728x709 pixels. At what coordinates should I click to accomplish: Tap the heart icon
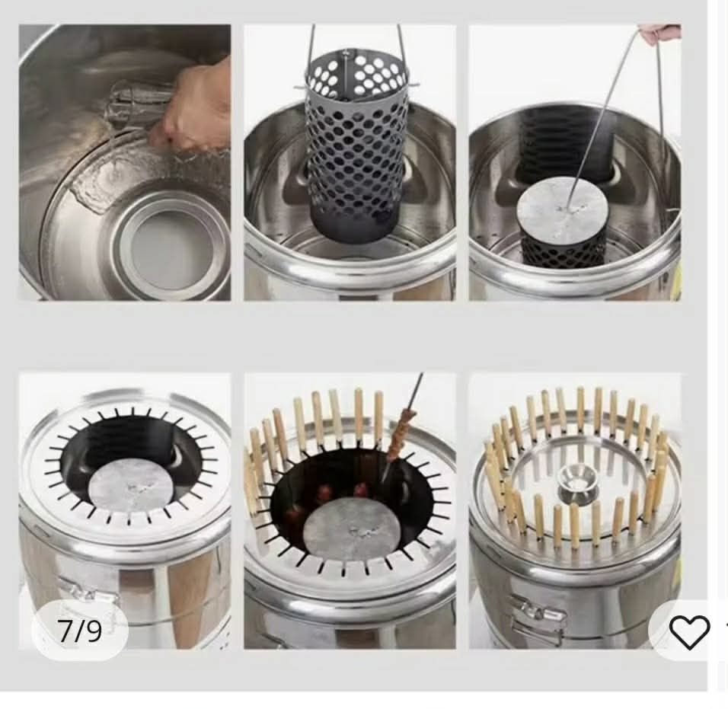pos(689,631)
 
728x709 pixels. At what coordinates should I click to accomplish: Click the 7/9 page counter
pos(79,631)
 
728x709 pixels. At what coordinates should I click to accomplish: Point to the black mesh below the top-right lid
pos(564,251)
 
